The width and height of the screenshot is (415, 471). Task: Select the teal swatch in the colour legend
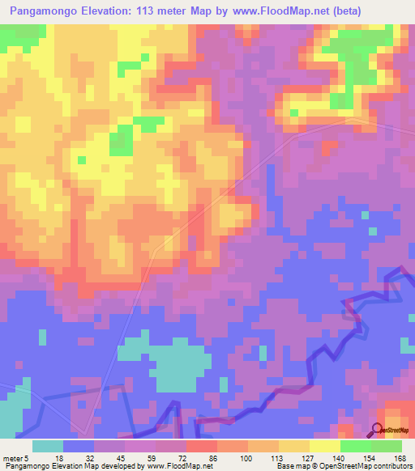click(48, 445)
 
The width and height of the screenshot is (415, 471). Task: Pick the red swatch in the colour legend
click(202, 445)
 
